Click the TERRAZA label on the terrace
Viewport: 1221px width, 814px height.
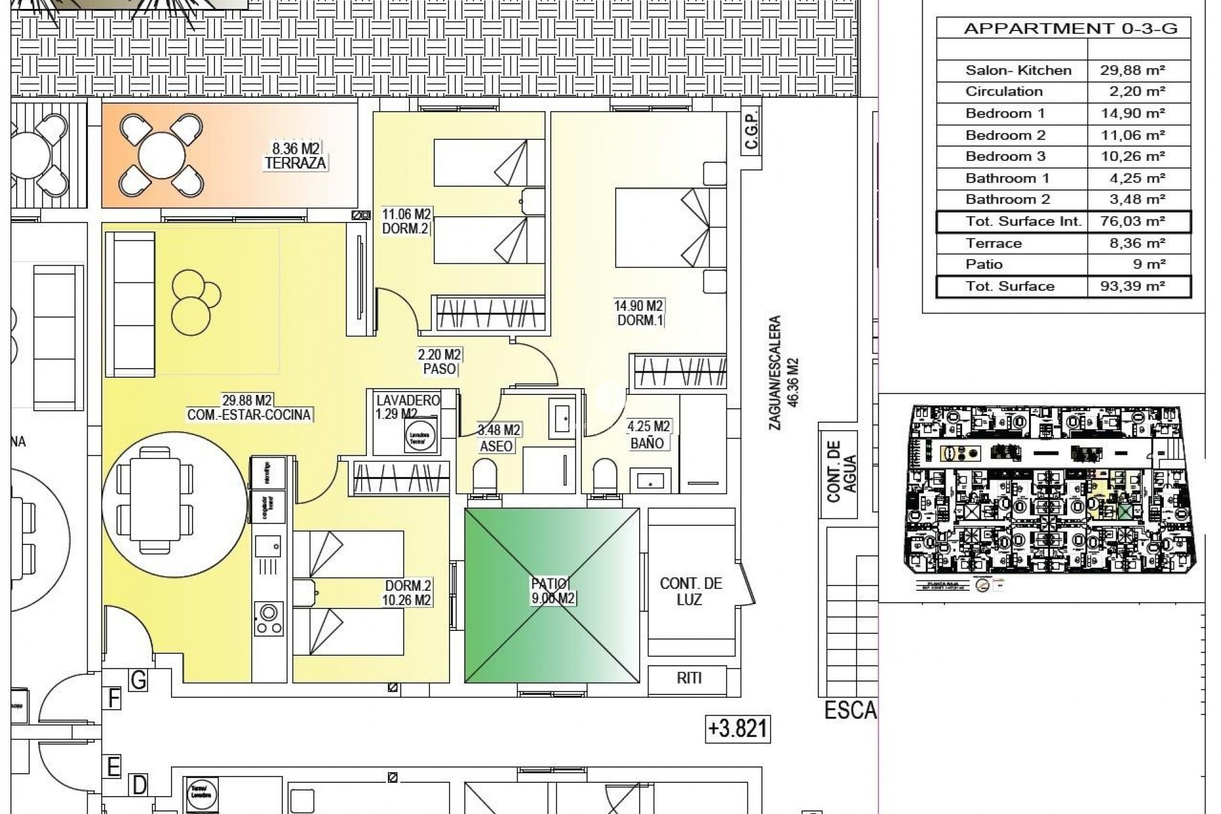point(295,163)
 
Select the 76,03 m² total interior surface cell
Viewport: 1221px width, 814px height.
point(1139,221)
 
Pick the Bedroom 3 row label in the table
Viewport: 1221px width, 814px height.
point(1005,156)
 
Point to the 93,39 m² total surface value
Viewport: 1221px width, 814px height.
point(1139,286)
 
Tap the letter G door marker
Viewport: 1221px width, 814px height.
point(138,680)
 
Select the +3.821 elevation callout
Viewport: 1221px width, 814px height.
point(738,728)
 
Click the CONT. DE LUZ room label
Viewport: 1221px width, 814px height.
point(691,591)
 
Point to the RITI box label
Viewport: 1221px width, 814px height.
point(689,678)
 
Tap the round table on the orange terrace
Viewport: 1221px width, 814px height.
point(162,155)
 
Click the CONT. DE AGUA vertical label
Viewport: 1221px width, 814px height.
point(841,471)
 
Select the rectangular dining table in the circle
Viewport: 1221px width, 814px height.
point(156,499)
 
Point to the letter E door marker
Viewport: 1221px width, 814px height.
point(113,767)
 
